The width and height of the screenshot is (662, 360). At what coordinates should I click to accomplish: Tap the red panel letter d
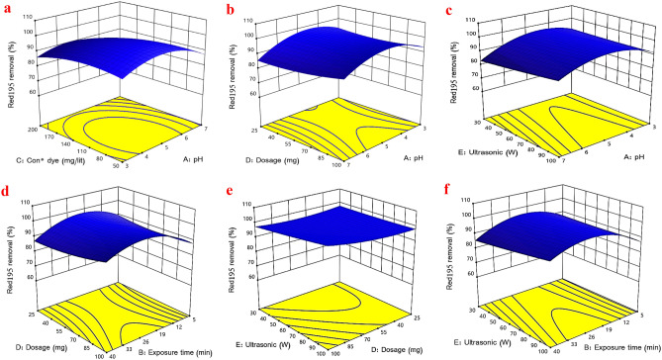click(9, 193)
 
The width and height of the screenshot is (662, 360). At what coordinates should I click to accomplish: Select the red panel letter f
click(451, 193)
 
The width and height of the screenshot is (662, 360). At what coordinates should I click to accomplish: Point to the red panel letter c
click(451, 11)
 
